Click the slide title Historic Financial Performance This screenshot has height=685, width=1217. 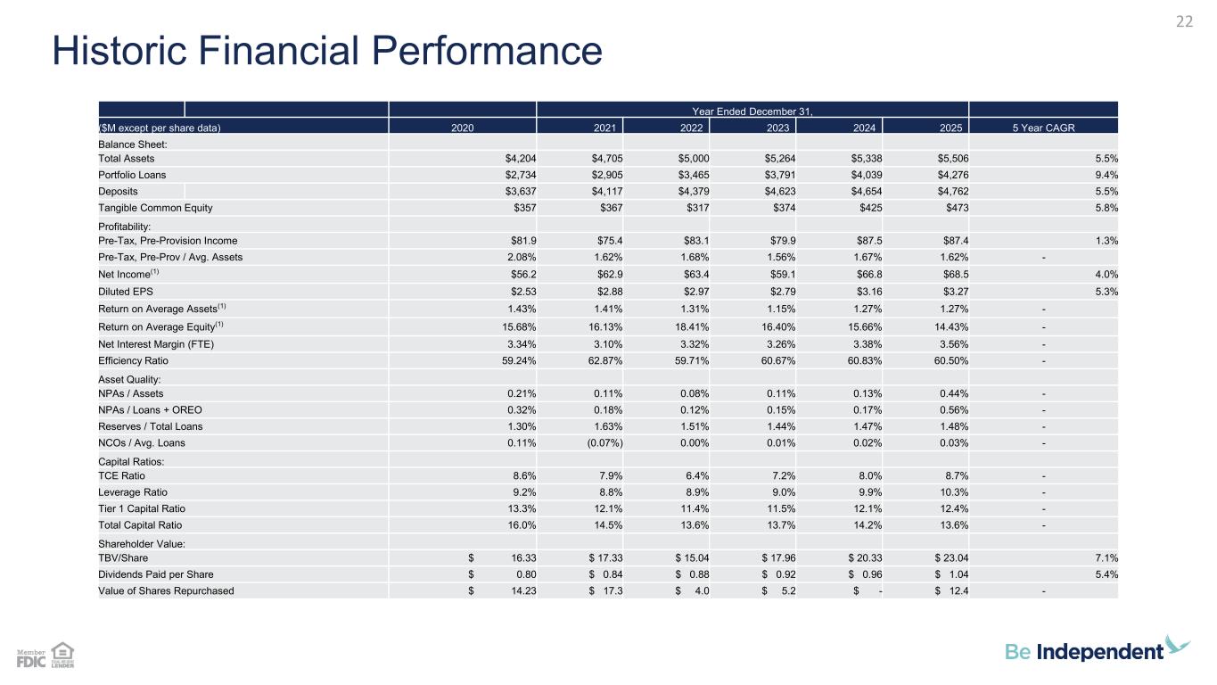327,51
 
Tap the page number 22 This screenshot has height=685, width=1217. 1184,21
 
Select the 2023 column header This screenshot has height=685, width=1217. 777,128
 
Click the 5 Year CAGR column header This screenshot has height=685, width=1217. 1043,128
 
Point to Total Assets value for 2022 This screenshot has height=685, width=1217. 694,158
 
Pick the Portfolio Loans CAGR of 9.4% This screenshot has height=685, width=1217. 1106,175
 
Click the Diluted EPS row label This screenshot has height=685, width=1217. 126,292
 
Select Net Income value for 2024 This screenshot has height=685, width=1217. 869,274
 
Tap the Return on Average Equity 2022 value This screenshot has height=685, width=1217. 692,326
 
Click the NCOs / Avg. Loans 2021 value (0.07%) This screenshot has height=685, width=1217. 604,442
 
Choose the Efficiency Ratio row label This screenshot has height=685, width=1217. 133,360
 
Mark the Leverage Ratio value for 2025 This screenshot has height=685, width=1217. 954,492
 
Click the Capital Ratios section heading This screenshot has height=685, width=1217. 131,461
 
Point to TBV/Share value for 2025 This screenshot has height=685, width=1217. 951,557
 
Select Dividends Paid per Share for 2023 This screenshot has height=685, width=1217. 778,574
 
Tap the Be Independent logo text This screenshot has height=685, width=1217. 1084,651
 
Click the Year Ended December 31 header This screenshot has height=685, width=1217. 752,111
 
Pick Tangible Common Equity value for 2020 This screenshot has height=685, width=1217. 525,208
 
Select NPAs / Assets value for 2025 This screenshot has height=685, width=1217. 954,393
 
